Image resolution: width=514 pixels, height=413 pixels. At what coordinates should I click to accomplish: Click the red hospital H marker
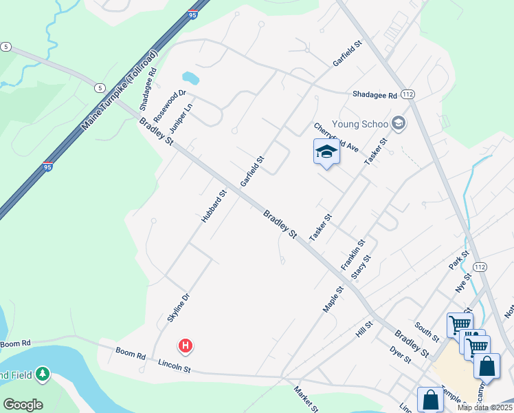pos(184,346)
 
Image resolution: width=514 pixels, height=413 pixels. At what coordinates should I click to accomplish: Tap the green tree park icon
pos(43,374)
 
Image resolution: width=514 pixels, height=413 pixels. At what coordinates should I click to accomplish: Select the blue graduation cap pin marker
pos(326,153)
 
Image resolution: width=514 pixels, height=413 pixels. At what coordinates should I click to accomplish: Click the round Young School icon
pos(397,123)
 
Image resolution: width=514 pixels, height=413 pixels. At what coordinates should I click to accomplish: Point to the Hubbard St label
pos(214,206)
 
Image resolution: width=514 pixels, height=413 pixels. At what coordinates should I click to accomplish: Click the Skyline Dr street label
pos(177,308)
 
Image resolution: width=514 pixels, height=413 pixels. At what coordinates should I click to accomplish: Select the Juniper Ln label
pos(181,116)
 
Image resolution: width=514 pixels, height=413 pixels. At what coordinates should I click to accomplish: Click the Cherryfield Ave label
pos(337,138)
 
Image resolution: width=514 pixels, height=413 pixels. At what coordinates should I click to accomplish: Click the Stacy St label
pos(361,267)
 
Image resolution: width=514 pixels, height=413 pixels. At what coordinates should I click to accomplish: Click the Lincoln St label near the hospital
pos(174,367)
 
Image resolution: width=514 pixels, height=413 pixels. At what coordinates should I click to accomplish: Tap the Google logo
pos(23,405)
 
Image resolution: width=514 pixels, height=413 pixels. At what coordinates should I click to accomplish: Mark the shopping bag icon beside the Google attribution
pos(430,400)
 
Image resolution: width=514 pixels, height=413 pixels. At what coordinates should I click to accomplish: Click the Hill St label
pos(364,329)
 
